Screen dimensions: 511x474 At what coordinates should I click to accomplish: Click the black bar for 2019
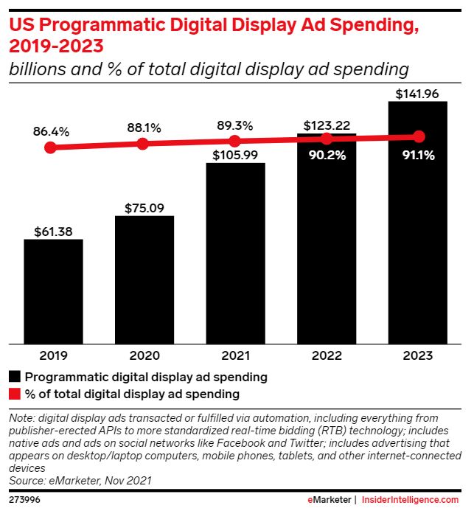point(53,291)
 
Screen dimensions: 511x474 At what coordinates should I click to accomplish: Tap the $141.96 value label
point(417,94)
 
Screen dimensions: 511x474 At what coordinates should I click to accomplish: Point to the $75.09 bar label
point(144,207)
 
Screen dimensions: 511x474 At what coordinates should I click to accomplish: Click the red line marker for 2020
point(143,144)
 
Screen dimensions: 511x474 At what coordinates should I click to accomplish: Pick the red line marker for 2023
point(419,136)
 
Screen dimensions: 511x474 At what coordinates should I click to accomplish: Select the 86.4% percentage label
point(51,132)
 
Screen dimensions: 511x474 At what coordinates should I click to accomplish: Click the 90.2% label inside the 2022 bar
point(327,156)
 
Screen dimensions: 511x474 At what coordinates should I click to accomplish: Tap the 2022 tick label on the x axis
point(327,356)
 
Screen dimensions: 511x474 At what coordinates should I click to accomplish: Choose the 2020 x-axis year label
point(144,356)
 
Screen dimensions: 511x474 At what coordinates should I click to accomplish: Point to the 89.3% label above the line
point(235,125)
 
